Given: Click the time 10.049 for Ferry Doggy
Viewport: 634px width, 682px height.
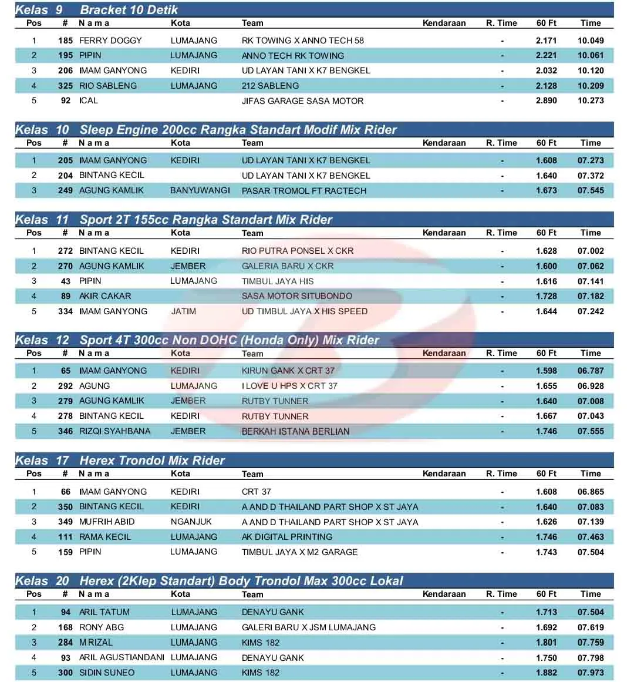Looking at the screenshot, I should point(591,41).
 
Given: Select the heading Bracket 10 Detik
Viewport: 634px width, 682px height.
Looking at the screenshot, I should point(129,10).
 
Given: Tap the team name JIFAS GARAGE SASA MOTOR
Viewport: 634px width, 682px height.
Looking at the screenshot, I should point(302,101).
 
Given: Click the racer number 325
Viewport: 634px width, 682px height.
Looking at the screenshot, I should point(65,86).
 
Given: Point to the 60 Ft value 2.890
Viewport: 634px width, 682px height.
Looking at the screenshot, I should point(546,101).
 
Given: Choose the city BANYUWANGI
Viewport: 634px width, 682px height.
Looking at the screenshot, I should point(200,191).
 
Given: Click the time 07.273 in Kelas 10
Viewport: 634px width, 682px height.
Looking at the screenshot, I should point(591,160).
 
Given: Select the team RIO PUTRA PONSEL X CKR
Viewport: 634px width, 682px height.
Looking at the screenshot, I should point(298,251).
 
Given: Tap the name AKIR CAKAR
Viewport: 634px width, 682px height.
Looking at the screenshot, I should point(105,296).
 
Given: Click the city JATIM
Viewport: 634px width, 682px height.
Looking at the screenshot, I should point(183,311).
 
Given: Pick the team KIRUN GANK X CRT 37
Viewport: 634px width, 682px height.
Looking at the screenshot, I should point(288,371).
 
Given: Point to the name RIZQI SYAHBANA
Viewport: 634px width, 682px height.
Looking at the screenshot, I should point(114,431).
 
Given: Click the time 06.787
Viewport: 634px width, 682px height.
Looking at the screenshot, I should point(591,371).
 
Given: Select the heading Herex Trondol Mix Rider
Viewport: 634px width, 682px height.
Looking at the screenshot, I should point(152,461).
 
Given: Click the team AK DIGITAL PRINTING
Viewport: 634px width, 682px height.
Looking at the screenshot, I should point(287,537).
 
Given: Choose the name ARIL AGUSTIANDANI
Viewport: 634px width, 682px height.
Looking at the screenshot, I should point(122,657).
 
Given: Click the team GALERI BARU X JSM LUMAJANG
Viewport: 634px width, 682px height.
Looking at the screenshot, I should point(308,627).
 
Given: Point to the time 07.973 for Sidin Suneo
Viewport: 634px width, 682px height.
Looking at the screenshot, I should point(591,673).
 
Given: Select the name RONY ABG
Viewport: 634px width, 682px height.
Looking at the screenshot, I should point(102,627).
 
